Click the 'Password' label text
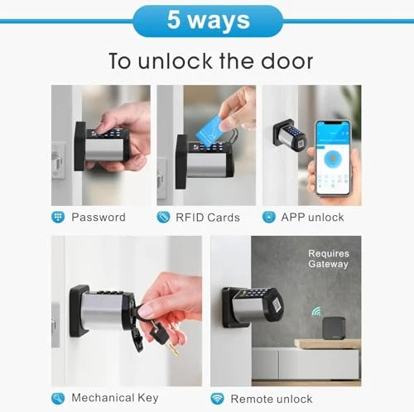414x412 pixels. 99,218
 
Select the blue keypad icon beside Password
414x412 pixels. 58,218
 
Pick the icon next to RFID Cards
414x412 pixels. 163,218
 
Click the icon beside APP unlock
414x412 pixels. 269,218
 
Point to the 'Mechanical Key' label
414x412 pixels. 114,398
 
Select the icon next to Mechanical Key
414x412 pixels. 58,398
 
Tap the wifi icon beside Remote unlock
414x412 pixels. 217,398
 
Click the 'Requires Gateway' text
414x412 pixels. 328,259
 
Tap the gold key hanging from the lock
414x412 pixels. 171,344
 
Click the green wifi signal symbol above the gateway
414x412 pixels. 316,312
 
